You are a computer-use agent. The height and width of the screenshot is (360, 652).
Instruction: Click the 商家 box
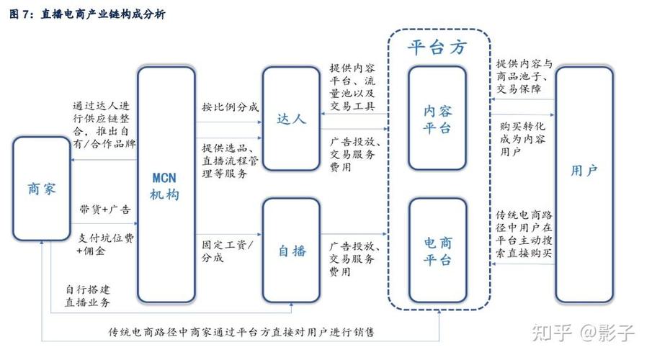coord(41,189)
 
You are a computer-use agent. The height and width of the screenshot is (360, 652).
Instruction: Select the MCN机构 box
coord(166,185)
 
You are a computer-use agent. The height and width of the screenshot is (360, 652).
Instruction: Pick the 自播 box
coord(290,251)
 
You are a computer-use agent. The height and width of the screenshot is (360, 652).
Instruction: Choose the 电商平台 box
coord(437,250)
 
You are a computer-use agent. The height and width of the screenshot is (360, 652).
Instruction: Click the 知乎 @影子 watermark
coord(583,333)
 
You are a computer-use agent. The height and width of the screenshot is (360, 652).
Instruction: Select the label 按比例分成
coord(230,108)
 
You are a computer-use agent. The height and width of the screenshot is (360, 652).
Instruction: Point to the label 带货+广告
coord(105,210)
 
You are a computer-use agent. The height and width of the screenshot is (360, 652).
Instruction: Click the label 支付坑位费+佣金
coord(104,245)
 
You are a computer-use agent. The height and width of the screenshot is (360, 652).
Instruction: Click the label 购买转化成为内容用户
coord(521,140)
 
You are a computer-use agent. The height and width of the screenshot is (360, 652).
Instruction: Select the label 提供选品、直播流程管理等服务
coord(230,161)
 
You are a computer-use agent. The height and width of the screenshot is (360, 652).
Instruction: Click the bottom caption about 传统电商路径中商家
coord(241,333)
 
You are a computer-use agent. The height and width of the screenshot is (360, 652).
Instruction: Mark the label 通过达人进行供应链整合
coord(104,125)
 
